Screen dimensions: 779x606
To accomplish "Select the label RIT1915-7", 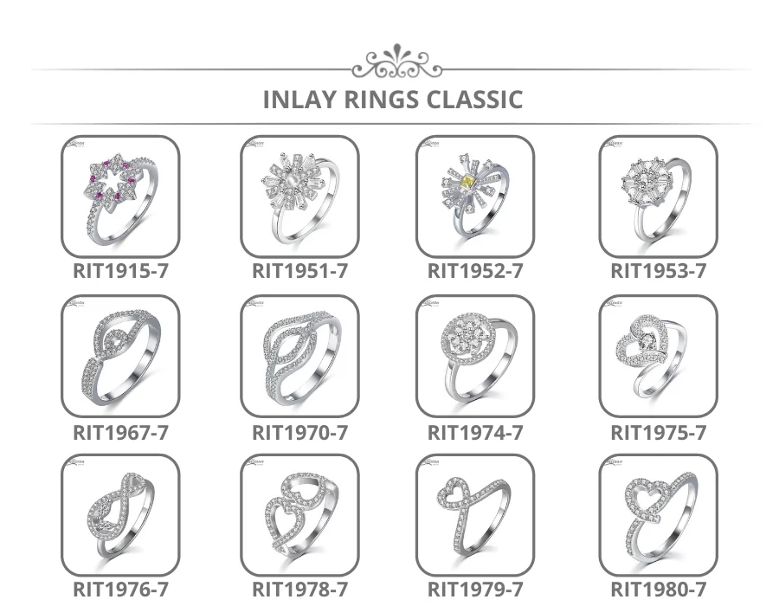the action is coord(120,271).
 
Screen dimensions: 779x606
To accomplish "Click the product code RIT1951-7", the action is coord(299,271).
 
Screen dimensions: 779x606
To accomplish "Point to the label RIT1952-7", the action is coord(475,271).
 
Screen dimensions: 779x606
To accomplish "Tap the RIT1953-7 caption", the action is coord(658,271).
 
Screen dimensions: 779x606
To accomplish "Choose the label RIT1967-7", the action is coord(120,432).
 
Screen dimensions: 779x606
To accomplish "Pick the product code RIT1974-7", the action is coord(475,432).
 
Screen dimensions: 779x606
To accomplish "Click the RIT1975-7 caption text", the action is coord(658,432).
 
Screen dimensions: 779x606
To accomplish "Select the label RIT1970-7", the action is coord(299,432).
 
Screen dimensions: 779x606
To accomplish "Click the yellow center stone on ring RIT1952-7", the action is coord(468,179).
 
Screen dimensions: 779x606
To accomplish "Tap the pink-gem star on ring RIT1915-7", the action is coord(111,180).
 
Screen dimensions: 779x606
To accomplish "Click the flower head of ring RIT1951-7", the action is coord(291,181).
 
